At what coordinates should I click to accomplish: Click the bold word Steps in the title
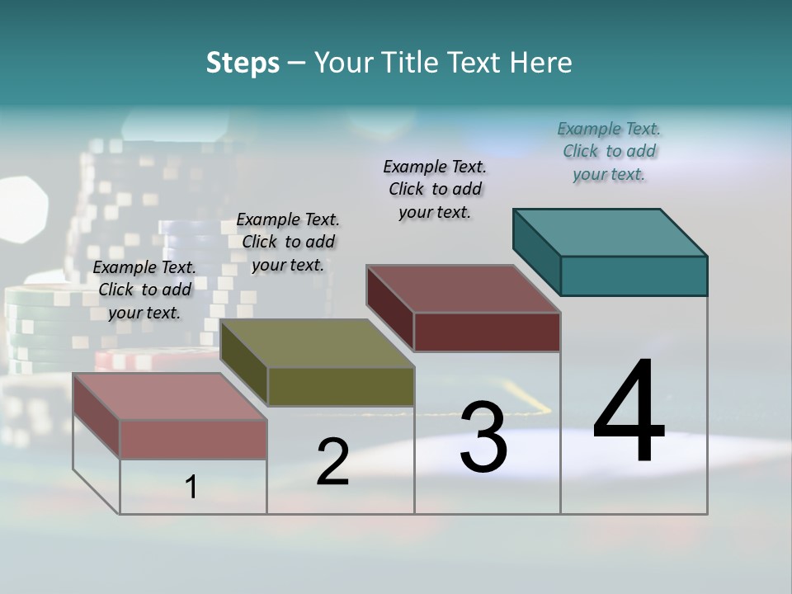[243, 63]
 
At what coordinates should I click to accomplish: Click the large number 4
[629, 412]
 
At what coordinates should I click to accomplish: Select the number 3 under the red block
[483, 437]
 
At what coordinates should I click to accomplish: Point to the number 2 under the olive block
[332, 462]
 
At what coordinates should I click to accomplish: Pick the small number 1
[191, 487]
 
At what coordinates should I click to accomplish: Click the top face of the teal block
[610, 232]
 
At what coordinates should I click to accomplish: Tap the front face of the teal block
[634, 276]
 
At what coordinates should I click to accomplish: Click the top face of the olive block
[317, 343]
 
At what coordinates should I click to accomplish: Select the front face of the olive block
[341, 386]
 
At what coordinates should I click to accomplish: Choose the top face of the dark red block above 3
[464, 289]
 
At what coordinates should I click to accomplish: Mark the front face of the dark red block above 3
[487, 332]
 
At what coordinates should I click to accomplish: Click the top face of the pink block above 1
[170, 397]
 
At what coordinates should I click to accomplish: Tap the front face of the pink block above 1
[193, 439]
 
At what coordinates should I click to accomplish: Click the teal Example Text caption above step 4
[609, 151]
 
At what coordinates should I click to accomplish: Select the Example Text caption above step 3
[435, 189]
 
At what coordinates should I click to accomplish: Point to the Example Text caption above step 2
[288, 242]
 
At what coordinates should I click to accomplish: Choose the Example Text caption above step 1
[144, 290]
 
